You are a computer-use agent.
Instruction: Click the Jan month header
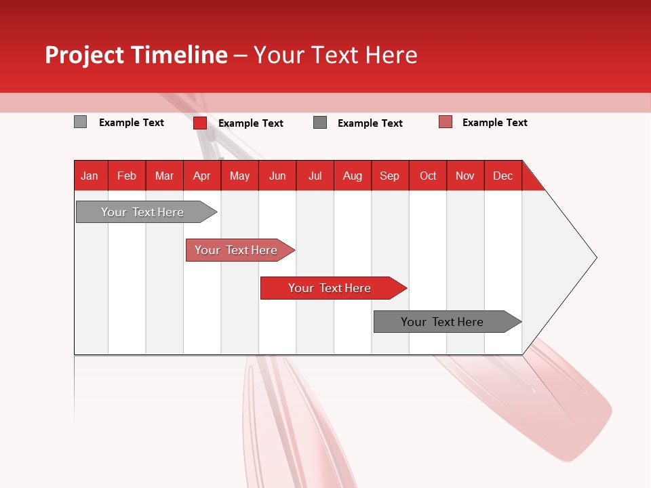tap(90, 176)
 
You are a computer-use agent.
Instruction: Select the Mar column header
tap(164, 176)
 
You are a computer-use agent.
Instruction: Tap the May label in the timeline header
tap(239, 176)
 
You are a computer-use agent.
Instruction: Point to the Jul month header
tap(315, 176)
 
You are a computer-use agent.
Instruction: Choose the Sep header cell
tap(389, 176)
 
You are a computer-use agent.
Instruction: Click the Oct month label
tap(428, 176)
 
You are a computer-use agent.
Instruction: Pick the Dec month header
tap(502, 176)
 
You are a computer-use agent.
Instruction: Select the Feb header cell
tap(127, 176)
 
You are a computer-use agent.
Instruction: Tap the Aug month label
tap(352, 176)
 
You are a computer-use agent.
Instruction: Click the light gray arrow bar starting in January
tap(142, 212)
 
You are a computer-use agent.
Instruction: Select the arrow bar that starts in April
tap(236, 250)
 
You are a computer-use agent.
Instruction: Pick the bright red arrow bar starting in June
tap(330, 288)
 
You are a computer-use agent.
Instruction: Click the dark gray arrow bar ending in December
tap(442, 322)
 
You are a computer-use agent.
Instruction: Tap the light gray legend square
tap(80, 122)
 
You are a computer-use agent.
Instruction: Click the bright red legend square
tap(200, 123)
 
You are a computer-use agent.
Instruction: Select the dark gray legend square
tap(320, 122)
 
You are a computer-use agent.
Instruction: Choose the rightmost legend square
tap(446, 122)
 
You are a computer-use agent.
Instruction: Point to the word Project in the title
tap(84, 55)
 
